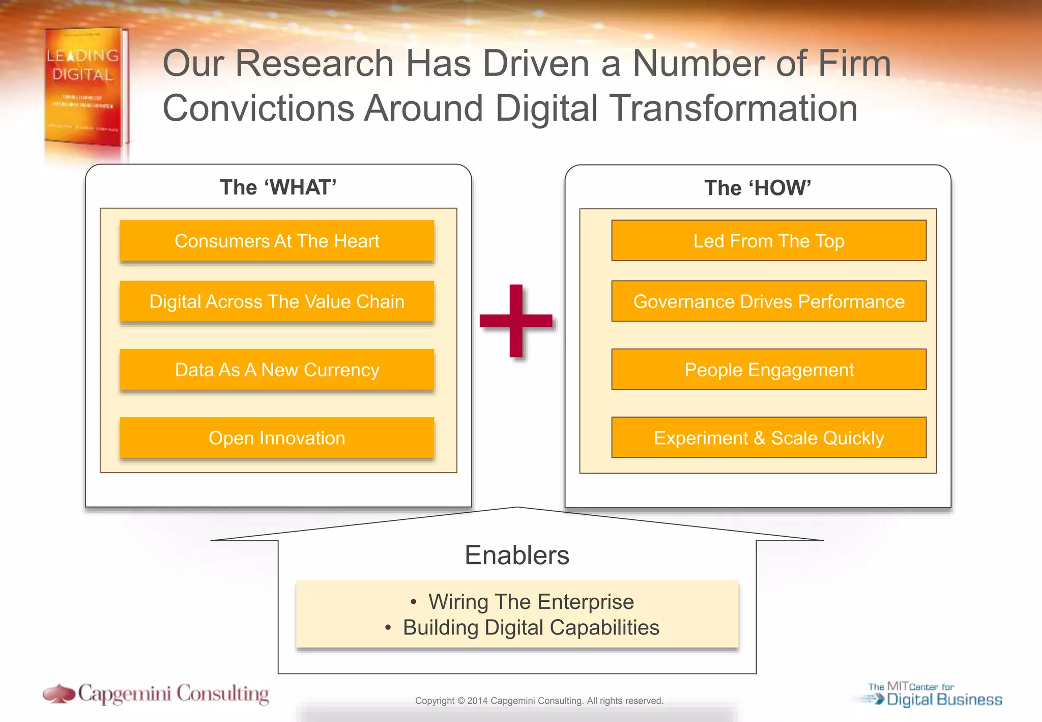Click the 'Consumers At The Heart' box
277,241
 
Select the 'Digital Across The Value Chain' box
277,301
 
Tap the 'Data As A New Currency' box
277,370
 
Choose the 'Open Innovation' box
277,438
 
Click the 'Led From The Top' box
768,241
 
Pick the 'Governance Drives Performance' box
768,301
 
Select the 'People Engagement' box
768,370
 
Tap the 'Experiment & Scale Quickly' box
768,438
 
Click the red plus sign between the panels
516,321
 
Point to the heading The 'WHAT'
278,187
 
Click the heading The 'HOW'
757,188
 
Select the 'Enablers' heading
516,555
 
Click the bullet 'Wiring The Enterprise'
531,602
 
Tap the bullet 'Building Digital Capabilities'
531,628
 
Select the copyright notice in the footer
539,701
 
